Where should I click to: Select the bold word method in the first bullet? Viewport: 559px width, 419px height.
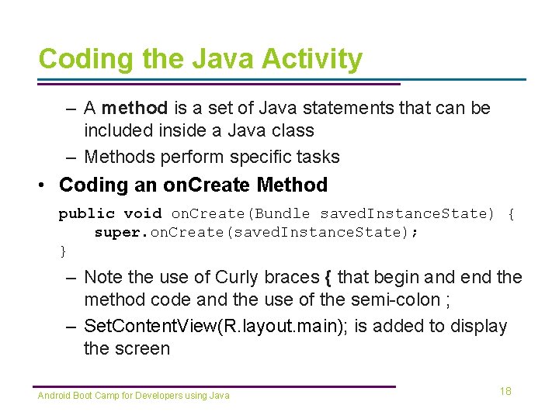coord(134,108)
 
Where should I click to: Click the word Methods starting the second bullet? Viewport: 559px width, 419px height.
coord(119,157)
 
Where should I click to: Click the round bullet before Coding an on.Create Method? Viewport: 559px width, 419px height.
coord(47,185)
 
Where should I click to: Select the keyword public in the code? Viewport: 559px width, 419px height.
coord(86,213)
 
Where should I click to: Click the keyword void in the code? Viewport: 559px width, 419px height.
coord(143,213)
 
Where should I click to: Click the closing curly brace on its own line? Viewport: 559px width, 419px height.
coord(63,251)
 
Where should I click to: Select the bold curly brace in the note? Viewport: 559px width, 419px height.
coord(329,277)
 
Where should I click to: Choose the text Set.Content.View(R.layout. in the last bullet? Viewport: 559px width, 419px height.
coord(195,326)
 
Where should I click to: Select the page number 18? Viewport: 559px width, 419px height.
coord(505,391)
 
